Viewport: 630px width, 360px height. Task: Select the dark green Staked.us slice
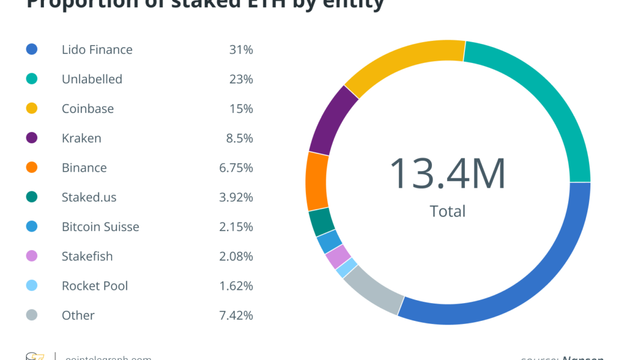tap(322, 222)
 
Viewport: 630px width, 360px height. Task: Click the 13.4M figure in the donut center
tap(448, 174)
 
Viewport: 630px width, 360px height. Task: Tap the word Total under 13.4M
tap(448, 211)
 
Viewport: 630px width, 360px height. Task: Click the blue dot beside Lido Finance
tap(32, 49)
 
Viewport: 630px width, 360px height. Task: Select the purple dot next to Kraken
tap(32, 138)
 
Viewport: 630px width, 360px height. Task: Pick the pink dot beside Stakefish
tap(32, 256)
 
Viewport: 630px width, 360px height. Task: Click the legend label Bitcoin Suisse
tap(100, 227)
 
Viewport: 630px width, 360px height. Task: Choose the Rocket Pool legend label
tap(95, 286)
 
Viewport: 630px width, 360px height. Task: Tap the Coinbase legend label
tap(88, 109)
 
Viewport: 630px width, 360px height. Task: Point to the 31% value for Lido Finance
tap(241, 49)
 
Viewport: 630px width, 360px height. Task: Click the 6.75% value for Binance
tap(236, 167)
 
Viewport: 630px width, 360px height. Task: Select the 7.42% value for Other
tap(236, 315)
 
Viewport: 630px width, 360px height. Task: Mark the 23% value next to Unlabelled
tap(241, 79)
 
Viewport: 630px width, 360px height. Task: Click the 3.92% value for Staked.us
tap(236, 197)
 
